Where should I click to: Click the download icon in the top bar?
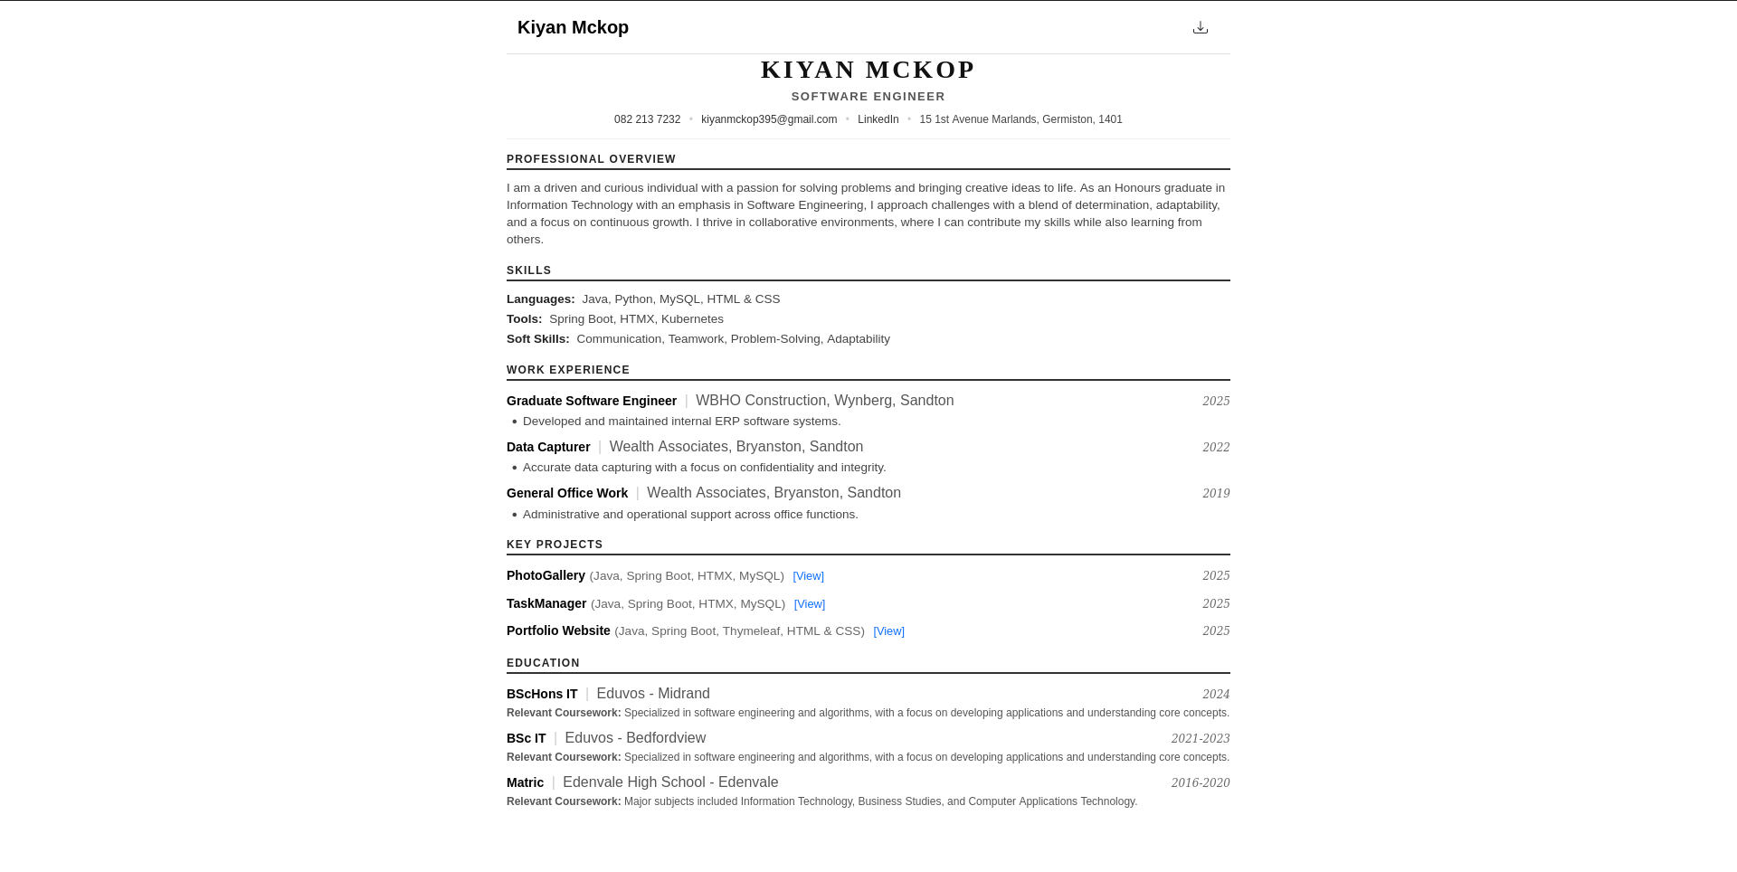[1200, 27]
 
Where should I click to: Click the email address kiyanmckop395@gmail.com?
[769, 119]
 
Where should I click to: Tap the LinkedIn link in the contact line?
[878, 119]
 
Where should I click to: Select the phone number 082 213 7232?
[647, 119]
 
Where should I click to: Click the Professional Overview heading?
[591, 159]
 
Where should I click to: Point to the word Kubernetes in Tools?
[692, 319]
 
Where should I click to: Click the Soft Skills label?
[537, 339]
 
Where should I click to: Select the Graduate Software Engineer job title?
[592, 401]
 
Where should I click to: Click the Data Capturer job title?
[548, 447]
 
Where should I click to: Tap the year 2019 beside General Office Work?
[1216, 493]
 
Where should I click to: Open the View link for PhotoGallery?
[808, 576]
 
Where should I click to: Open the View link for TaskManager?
[809, 604]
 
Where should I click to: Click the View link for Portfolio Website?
[888, 631]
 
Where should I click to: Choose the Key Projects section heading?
[555, 545]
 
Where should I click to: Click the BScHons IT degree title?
[542, 694]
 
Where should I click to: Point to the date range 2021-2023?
[1200, 738]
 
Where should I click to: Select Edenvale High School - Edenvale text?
[670, 782]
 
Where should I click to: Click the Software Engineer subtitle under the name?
[868, 97]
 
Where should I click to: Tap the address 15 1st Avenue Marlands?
[1020, 119]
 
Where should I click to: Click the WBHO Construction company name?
[761, 401]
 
